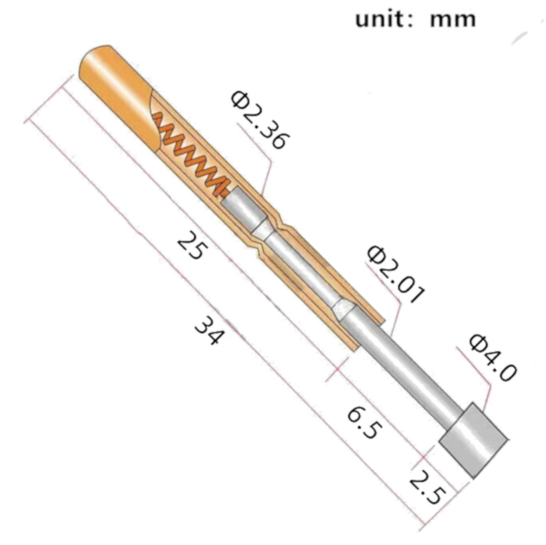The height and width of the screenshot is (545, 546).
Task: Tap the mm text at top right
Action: click(x=452, y=19)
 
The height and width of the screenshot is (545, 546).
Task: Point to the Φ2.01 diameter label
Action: click(x=395, y=275)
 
